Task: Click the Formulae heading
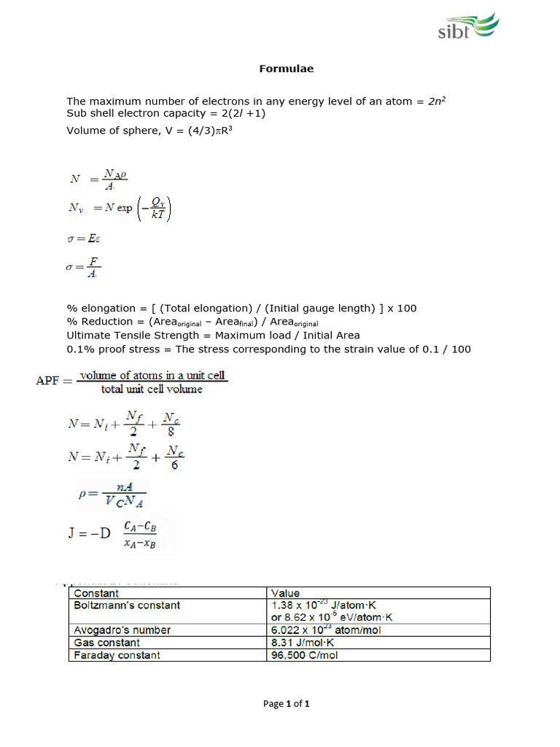coord(287,69)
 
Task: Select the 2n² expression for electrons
coord(436,101)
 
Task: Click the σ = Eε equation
coord(82,239)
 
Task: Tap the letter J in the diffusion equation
coord(72,533)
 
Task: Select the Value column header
coord(285,593)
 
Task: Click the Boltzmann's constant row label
coord(127,605)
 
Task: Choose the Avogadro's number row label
coord(122,630)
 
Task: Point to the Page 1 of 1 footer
coord(287,704)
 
